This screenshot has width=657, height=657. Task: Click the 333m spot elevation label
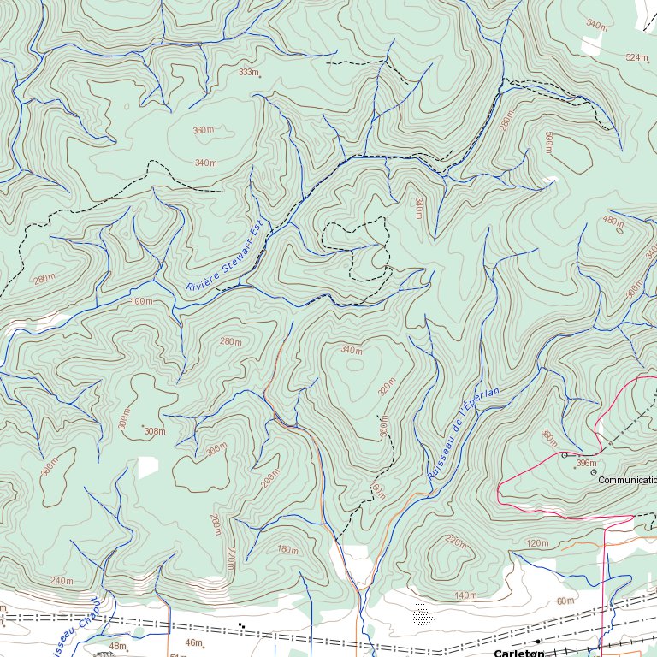tap(248, 73)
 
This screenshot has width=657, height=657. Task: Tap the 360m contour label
tap(203, 130)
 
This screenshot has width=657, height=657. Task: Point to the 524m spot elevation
tap(636, 57)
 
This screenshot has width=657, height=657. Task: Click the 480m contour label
tap(613, 220)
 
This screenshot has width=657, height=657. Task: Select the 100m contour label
tap(141, 301)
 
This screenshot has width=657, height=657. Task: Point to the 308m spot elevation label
tap(154, 431)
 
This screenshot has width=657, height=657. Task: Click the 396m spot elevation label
tap(586, 463)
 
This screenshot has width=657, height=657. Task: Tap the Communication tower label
tap(626, 480)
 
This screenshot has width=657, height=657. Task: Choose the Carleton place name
tap(518, 653)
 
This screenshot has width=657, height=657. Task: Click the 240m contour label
tap(62, 581)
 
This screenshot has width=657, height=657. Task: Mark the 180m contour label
tap(287, 549)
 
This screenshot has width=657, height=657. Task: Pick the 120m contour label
tap(537, 543)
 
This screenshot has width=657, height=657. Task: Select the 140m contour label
tap(465, 595)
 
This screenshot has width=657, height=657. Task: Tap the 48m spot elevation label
tap(117, 646)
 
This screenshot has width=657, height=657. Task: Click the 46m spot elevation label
tap(194, 642)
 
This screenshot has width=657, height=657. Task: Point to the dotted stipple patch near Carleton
tap(421, 613)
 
